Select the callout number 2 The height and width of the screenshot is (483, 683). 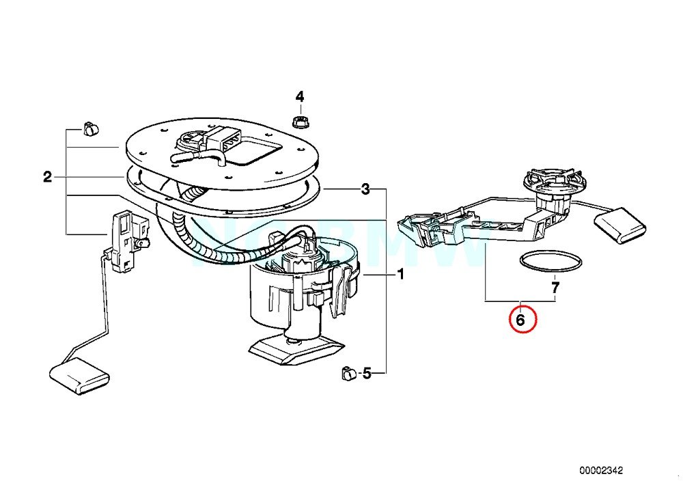tap(47, 178)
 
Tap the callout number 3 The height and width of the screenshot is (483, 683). tap(366, 189)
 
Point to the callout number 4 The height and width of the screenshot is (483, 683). tap(299, 96)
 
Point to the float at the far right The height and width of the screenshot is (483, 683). tap(620, 226)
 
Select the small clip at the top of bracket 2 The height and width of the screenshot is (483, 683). tap(90, 127)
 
